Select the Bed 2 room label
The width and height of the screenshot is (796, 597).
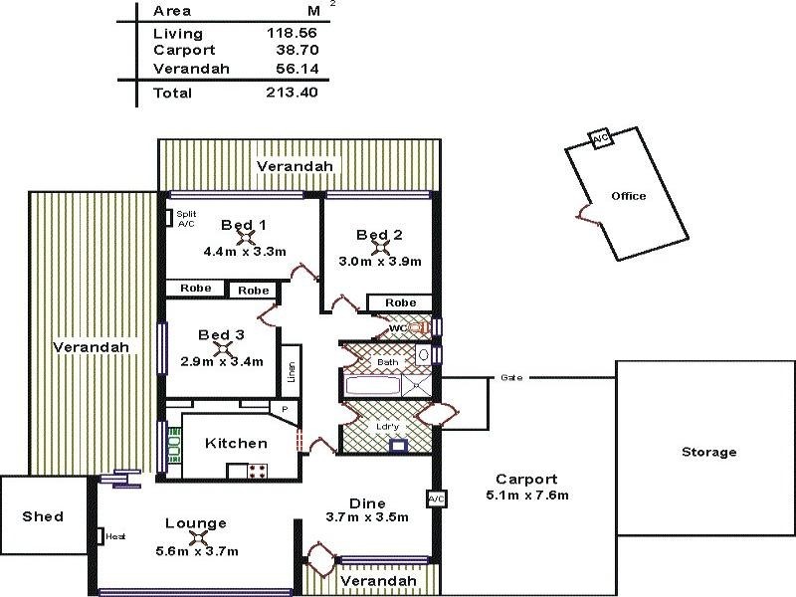379,235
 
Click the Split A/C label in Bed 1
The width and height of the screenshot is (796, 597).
186,219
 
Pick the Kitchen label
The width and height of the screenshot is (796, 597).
236,444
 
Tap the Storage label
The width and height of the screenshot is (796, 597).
708,452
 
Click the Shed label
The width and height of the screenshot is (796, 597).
44,516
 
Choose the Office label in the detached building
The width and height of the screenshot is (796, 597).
628,196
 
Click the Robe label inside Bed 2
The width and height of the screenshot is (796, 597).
400,302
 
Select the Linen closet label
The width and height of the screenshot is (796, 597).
291,370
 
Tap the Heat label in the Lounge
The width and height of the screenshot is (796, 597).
115,536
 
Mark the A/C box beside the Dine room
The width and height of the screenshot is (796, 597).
435,497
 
